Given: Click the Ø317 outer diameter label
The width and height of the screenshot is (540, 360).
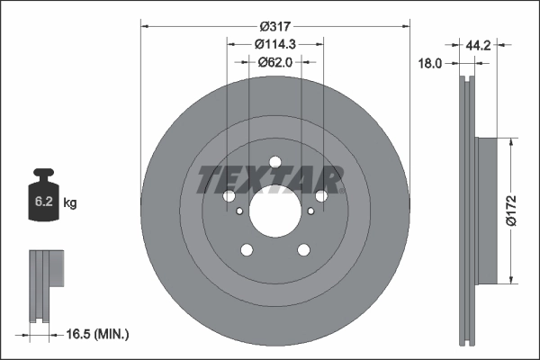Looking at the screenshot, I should tap(275, 27).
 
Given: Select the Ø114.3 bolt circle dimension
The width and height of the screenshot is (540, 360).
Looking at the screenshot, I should tap(275, 44).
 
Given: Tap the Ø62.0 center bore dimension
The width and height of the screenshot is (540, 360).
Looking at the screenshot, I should tap(275, 61).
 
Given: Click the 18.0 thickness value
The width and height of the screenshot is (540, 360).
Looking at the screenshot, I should tap(432, 64).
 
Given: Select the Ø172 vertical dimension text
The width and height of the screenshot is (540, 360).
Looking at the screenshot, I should tap(510, 209).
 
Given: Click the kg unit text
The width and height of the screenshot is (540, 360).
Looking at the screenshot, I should tap(70, 203).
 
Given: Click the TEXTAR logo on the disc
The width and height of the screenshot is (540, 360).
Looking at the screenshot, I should tap(270, 179).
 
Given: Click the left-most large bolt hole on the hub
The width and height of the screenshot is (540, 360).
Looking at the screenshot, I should tap(228, 196).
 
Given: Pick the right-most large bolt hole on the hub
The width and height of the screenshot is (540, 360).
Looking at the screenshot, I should tap(321, 196).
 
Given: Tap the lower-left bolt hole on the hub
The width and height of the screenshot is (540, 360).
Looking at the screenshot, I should tap(246, 251).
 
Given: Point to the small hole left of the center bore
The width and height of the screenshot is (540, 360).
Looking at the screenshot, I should tap(239, 212).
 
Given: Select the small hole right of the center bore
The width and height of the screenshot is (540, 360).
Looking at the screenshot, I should tap(310, 212).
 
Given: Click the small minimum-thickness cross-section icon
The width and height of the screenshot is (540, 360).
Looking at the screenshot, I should tap(45, 286).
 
